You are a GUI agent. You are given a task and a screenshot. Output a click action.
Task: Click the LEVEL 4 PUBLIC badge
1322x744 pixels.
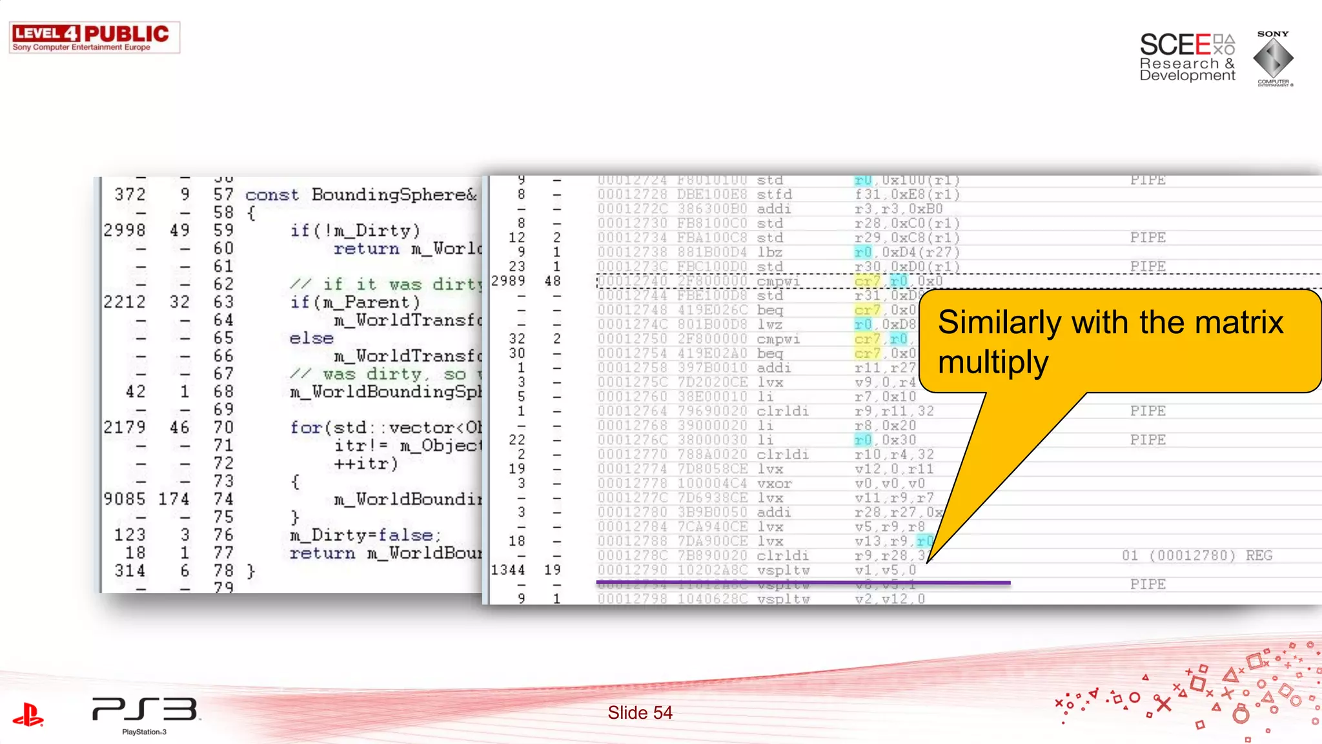[94, 37]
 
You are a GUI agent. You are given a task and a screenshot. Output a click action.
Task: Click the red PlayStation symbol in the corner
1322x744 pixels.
[28, 714]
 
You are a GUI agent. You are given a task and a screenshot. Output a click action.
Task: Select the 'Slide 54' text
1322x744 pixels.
[640, 712]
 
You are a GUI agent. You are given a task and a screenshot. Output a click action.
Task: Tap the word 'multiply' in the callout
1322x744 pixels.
[993, 362]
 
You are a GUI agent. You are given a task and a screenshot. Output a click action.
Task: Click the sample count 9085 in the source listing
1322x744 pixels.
[124, 499]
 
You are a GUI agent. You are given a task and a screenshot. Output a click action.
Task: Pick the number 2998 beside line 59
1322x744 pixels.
[124, 231]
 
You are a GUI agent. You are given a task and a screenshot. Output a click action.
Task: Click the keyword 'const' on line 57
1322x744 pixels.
[272, 195]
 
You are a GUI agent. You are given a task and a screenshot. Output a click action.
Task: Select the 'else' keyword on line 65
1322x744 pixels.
[311, 338]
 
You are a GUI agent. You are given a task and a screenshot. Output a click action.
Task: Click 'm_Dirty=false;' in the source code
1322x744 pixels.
[365, 535]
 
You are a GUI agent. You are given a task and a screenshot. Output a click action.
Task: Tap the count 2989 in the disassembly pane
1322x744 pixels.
[508, 281]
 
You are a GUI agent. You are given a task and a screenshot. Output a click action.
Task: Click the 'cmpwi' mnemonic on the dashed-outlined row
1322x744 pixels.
[778, 282]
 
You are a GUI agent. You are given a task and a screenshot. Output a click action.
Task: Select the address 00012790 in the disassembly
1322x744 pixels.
[632, 570]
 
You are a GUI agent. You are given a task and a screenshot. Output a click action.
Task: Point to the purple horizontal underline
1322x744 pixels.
[803, 583]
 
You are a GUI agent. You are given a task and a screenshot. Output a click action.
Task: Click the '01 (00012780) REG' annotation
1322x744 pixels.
[1197, 555]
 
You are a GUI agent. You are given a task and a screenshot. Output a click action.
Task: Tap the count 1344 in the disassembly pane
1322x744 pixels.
[508, 570]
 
